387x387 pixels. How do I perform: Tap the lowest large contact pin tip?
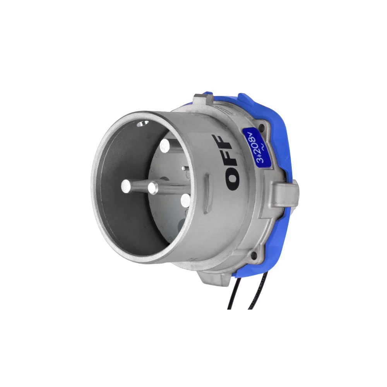185,200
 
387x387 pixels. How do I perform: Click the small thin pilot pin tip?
183,168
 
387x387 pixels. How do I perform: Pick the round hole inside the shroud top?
143,123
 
